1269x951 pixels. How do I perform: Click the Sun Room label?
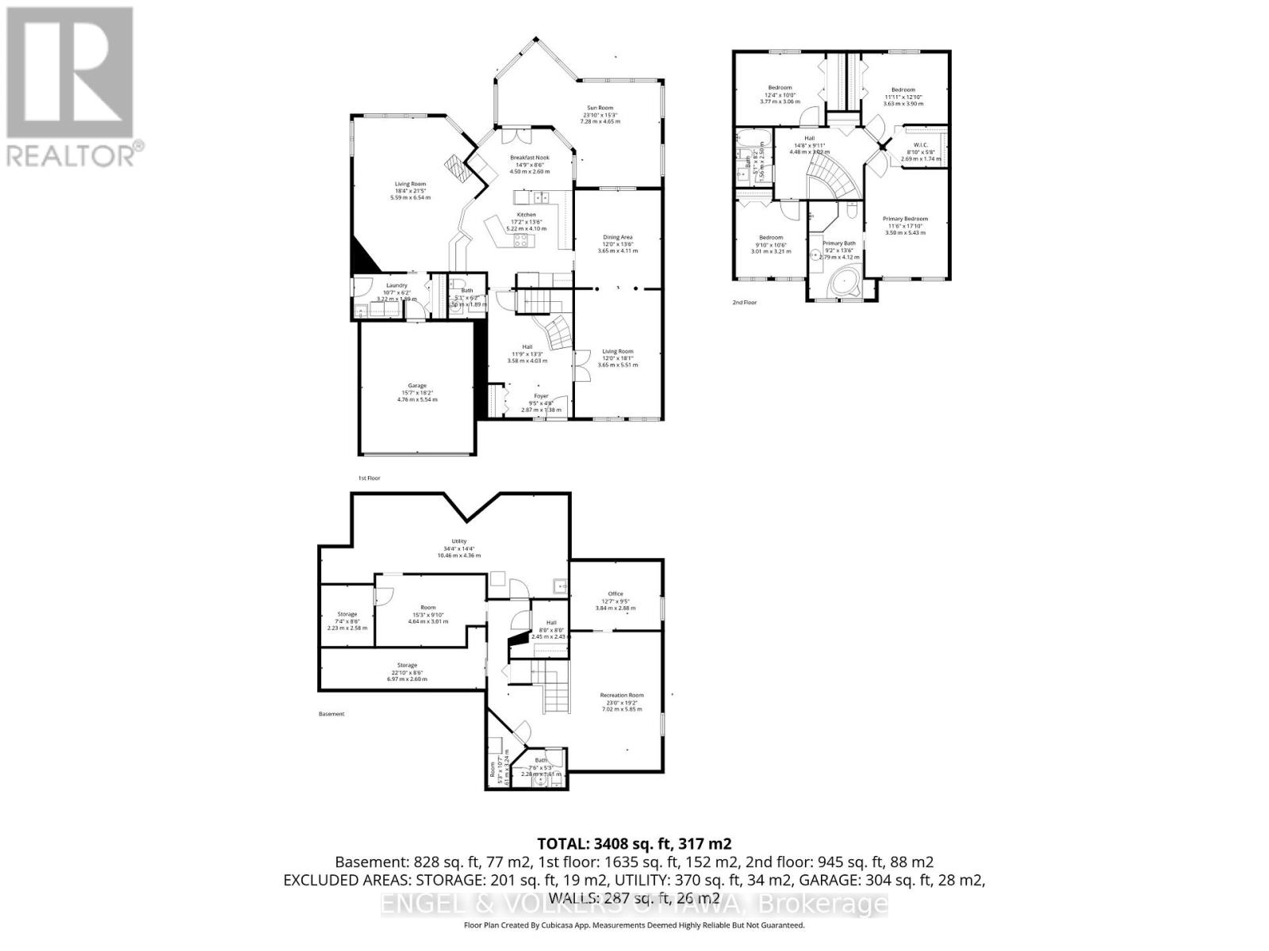click(x=600, y=108)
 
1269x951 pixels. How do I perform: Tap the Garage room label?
click(x=417, y=386)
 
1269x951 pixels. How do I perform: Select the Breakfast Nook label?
click(x=530, y=158)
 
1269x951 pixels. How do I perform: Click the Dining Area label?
click(x=618, y=237)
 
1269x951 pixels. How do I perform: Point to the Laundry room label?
click(x=397, y=285)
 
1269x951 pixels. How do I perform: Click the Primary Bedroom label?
click(x=905, y=219)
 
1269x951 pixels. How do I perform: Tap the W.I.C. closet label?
click(x=920, y=145)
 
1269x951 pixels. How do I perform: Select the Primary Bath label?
click(x=838, y=243)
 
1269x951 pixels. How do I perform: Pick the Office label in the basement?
click(x=615, y=594)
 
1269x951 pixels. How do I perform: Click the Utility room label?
click(x=459, y=541)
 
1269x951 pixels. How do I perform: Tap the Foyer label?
click(x=541, y=396)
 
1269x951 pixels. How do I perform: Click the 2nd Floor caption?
click(x=745, y=303)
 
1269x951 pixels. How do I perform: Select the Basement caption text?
click(x=332, y=714)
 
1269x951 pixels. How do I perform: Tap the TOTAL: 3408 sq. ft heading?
click(x=634, y=844)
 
